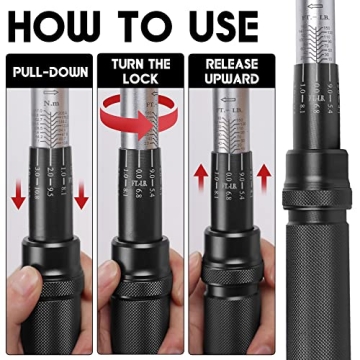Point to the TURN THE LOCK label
142,74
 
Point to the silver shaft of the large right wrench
320,70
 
